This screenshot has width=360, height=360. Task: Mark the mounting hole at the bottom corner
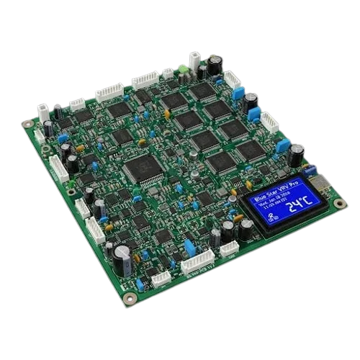pyautogui.click(x=129, y=297)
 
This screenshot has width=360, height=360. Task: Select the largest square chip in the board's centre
pyautogui.click(x=137, y=169)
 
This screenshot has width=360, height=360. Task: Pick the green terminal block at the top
pyautogui.click(x=183, y=70)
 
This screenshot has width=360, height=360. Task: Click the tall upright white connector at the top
pyautogui.click(x=194, y=60)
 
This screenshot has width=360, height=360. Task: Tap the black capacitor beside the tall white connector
pyautogui.click(x=214, y=63)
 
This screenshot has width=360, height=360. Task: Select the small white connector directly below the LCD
pyautogui.click(x=230, y=248)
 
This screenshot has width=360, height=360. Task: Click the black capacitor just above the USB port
pyautogui.click(x=296, y=154)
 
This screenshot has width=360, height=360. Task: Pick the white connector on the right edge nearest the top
pyautogui.click(x=232, y=78)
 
